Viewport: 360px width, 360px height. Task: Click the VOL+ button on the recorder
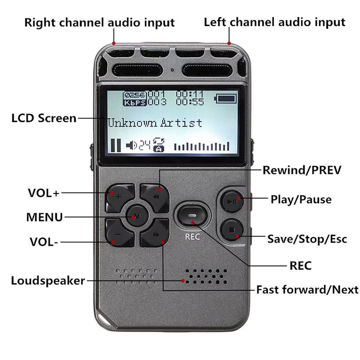point(119,197)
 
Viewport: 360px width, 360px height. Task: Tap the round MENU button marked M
point(136,216)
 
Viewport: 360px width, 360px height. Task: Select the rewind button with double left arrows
point(155,197)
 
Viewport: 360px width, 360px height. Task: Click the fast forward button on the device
point(155,234)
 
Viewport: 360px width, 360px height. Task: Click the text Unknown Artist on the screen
point(155,123)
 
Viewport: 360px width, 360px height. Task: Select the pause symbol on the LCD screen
point(115,145)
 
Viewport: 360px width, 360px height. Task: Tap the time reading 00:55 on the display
point(190,102)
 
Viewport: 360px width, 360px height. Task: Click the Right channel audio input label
point(99,22)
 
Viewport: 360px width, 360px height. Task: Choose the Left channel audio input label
point(274,22)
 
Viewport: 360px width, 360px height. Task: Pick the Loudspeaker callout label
point(48,281)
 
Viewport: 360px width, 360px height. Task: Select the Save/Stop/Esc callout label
point(307,238)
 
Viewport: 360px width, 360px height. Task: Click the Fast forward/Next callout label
point(307,290)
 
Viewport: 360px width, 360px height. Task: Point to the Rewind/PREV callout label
point(301,170)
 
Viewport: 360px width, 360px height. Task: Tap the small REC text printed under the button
point(192,237)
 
